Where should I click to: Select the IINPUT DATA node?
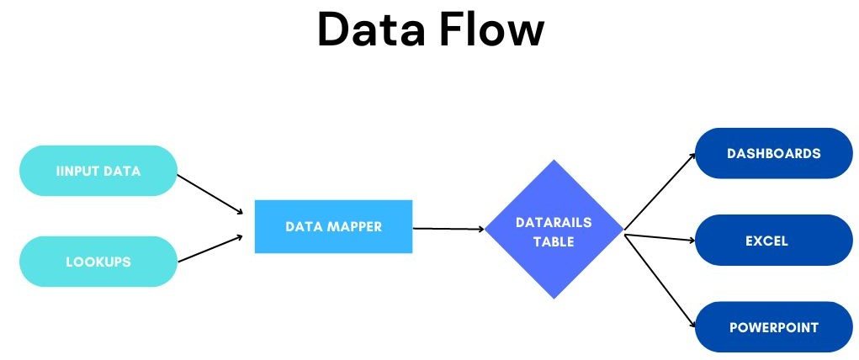point(98,171)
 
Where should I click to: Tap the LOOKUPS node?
point(98,262)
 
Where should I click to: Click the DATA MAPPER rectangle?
point(333,226)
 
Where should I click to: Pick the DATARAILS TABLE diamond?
point(554,228)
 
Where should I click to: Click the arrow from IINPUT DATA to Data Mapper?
point(210,193)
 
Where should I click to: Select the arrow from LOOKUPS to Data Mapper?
point(210,248)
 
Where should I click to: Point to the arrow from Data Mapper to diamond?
point(448,228)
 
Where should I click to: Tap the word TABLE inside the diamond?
point(554,241)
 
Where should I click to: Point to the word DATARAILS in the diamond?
point(554,222)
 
